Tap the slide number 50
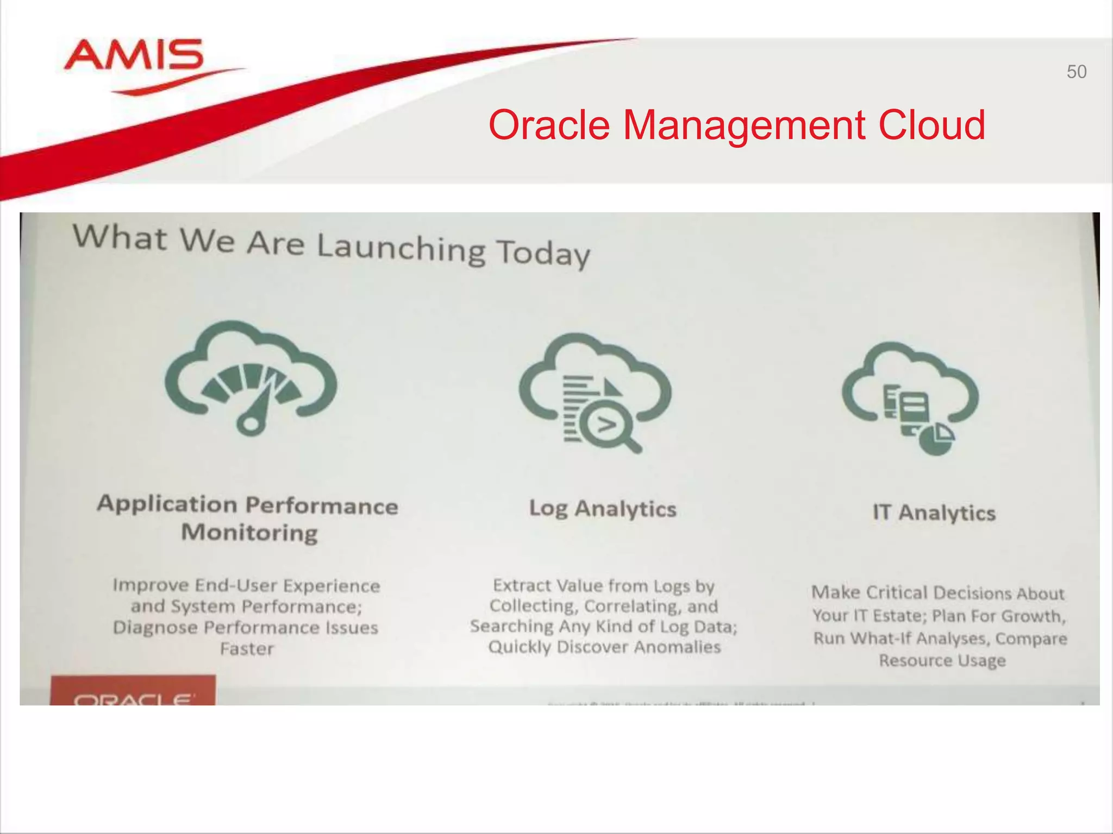coord(1076,72)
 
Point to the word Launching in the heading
coord(401,248)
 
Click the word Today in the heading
coord(543,254)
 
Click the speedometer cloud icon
coord(251,377)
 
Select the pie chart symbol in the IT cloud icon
coord(937,438)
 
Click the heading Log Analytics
coord(603,509)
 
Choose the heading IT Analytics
coord(934,513)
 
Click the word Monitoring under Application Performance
coord(249,532)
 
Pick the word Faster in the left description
coord(247,648)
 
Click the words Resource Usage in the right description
coord(942,660)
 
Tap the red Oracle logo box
coord(133,691)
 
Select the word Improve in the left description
coord(151,585)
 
